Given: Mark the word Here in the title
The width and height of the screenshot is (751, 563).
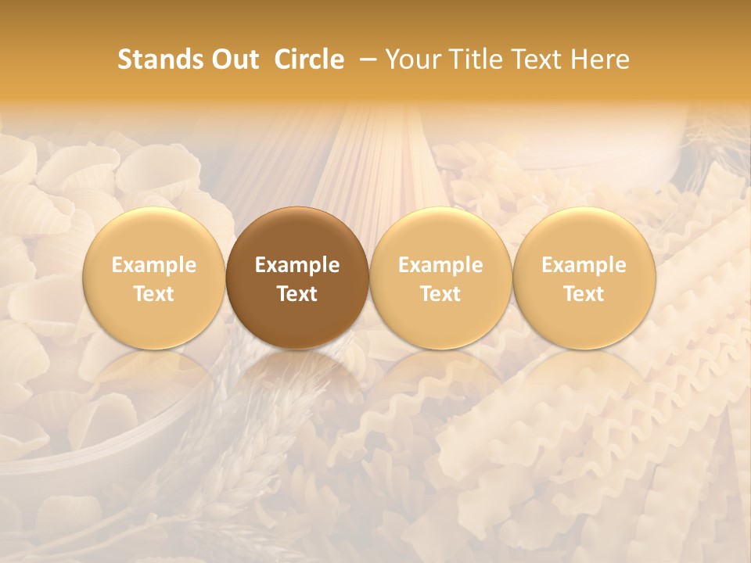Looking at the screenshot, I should tap(601, 59).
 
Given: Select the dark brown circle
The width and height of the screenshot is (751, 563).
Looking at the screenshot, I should tap(297, 235).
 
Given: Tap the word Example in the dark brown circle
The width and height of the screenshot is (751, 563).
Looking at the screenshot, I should tap(297, 265).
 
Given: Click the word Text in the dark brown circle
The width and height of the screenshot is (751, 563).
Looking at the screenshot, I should tap(297, 294).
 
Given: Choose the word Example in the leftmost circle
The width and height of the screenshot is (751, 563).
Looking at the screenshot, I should tap(154, 265).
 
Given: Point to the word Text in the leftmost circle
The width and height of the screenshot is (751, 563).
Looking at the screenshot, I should tap(154, 294).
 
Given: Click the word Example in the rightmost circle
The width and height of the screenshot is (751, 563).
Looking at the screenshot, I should tap(584, 265).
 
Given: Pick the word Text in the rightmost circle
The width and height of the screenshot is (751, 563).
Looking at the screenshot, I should tap(584, 294).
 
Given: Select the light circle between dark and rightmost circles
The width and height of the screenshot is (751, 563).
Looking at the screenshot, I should tap(440, 235).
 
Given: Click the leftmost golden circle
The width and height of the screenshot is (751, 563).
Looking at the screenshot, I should tap(154, 235).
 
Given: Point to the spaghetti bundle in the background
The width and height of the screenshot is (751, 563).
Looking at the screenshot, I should tap(375, 156).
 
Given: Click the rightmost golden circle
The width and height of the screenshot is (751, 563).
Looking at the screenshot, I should tap(584, 235).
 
